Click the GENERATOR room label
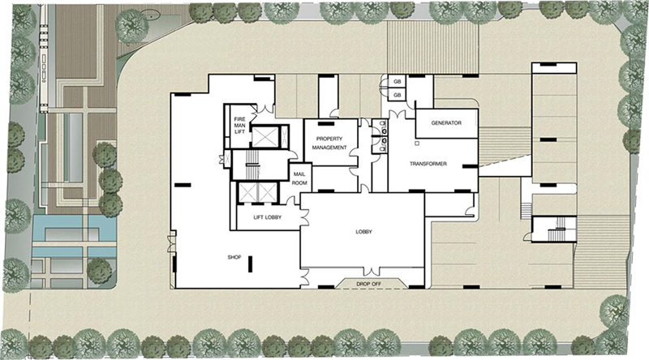click(x=446, y=123)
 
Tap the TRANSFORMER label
click(x=428, y=164)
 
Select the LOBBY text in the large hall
click(x=363, y=232)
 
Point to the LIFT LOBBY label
click(x=268, y=217)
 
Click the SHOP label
click(x=234, y=257)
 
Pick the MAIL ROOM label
click(x=299, y=178)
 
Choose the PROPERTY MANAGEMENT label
click(x=329, y=144)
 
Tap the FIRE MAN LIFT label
click(x=239, y=126)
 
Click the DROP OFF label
click(x=369, y=285)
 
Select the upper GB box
click(x=397, y=82)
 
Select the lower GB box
click(x=397, y=95)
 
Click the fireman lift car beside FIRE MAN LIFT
click(x=265, y=136)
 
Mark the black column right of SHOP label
click(x=251, y=264)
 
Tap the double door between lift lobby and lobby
click(x=305, y=216)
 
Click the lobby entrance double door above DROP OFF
click(x=372, y=272)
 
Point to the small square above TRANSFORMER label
click(x=418, y=144)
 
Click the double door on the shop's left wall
click(x=171, y=243)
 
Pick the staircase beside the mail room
click(x=251, y=165)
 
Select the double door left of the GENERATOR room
click(x=397, y=114)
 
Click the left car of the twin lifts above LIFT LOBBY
click(x=248, y=192)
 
